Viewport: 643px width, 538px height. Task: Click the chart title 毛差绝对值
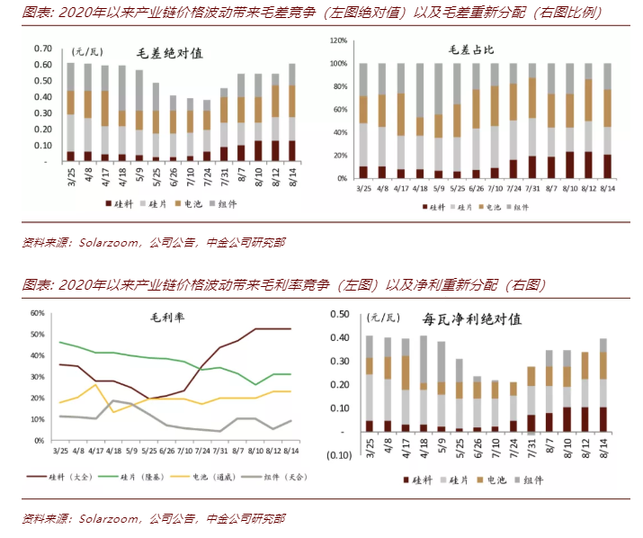[x=169, y=53]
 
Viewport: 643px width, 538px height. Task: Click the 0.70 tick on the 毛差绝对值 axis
[x=41, y=48]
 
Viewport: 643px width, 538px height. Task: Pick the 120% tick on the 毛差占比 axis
[x=338, y=41]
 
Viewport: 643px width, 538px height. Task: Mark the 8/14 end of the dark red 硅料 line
[x=290, y=328]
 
